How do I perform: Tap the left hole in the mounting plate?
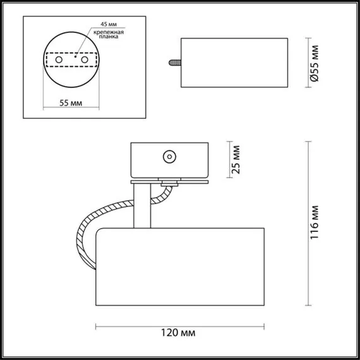59,59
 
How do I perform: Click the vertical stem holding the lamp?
143,205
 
